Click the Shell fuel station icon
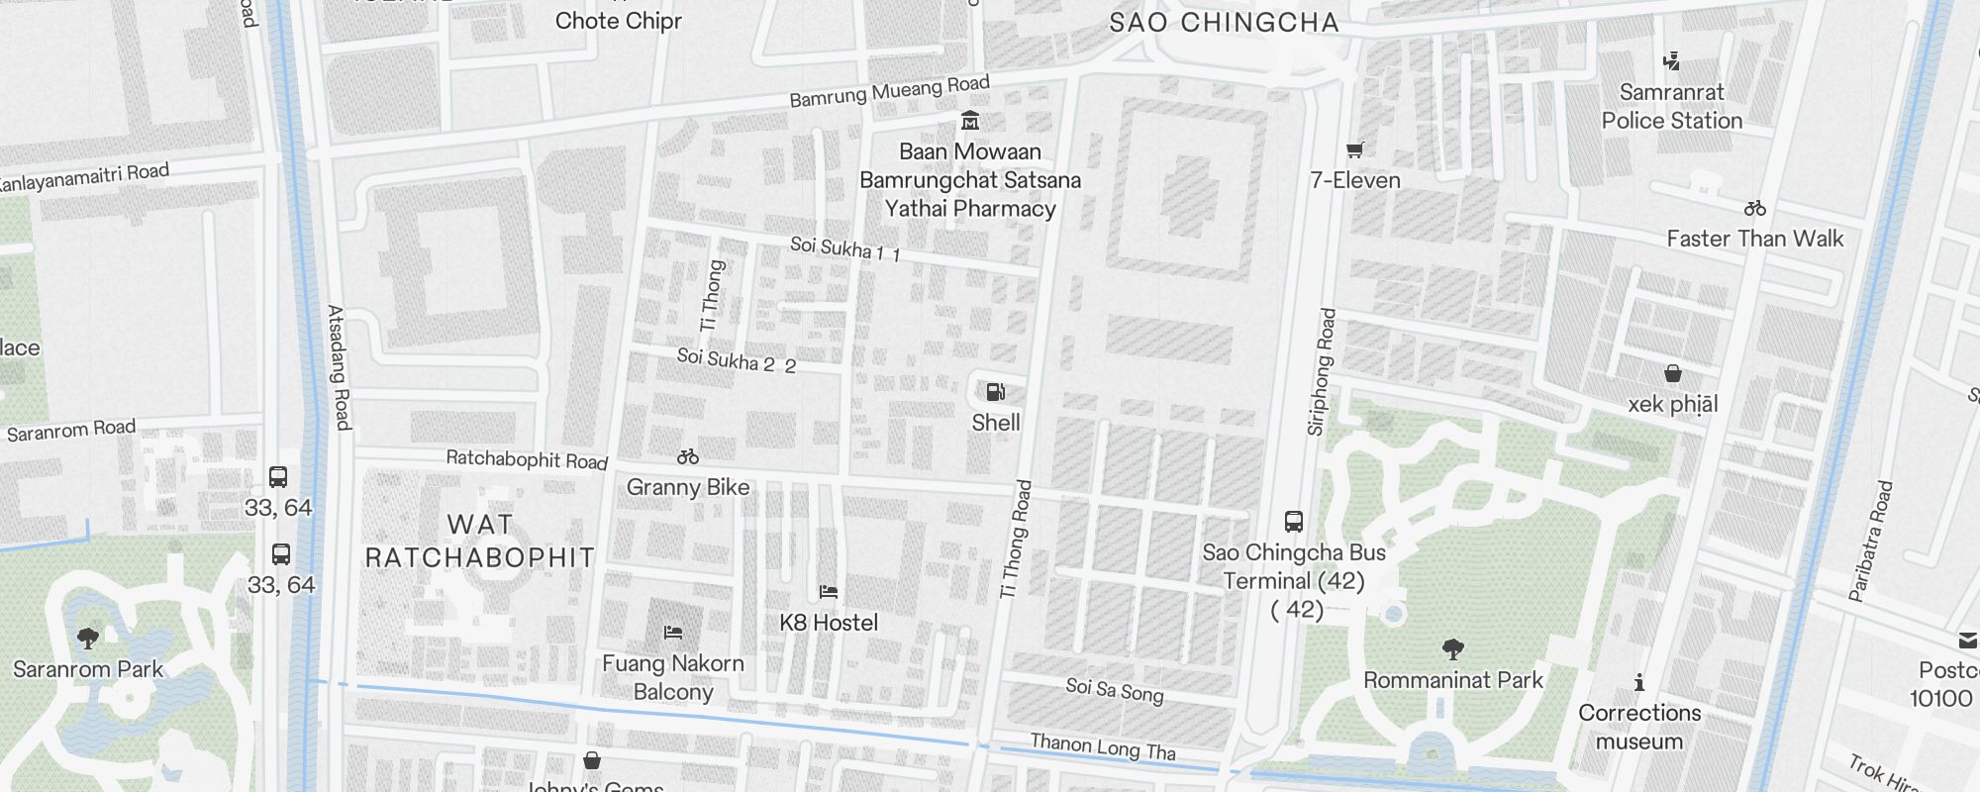(x=996, y=392)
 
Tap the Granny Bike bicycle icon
(x=688, y=456)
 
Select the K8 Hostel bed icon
(x=829, y=592)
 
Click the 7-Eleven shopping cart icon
(x=1355, y=150)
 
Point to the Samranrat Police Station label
(x=1672, y=106)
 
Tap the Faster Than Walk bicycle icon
(x=1755, y=208)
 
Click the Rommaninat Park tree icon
(x=1453, y=649)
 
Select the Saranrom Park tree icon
(x=88, y=638)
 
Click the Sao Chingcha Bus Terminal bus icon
(x=1293, y=522)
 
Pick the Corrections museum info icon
(x=1639, y=682)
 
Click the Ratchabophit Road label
(x=527, y=459)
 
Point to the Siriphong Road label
(x=1322, y=372)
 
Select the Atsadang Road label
(x=339, y=367)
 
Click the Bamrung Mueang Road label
(x=889, y=92)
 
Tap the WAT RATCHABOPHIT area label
(x=480, y=541)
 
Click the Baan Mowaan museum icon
(x=970, y=122)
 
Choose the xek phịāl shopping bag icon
(x=1673, y=373)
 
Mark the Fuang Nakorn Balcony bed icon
(x=673, y=632)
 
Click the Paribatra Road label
(x=1871, y=542)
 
